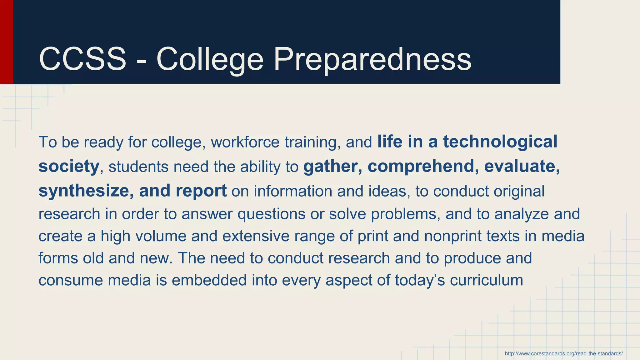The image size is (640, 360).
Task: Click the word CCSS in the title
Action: [82, 59]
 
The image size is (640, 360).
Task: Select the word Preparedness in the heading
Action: [372, 59]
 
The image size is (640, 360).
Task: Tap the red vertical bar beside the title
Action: [6, 42]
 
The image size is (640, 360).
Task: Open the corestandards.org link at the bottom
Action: [563, 353]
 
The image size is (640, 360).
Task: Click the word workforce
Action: [245, 142]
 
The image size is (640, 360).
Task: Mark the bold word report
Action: [201, 191]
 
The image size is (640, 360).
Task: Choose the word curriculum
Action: [486, 280]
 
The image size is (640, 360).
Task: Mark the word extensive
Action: [256, 236]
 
